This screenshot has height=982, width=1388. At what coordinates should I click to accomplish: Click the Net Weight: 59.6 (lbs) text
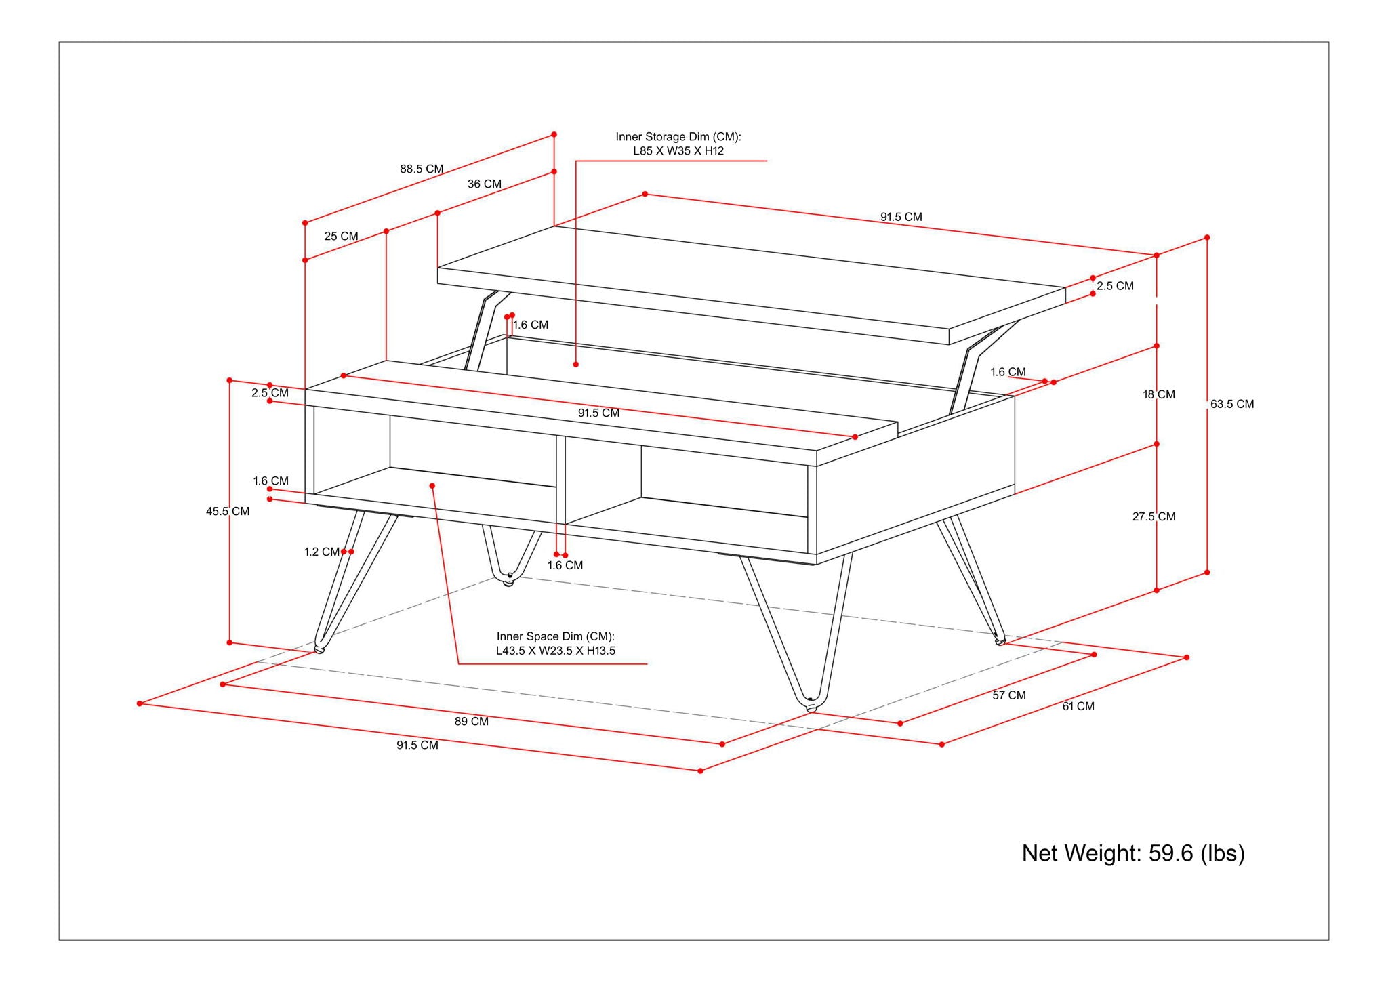pos(1132,853)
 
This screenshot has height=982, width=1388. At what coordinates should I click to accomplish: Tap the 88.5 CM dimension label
pos(421,169)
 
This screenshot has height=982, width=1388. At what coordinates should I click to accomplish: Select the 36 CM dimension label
pos(484,184)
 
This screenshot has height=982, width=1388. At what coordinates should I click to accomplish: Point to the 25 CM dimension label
pos(341,237)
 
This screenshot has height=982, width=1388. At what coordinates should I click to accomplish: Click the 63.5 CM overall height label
pos(1231,405)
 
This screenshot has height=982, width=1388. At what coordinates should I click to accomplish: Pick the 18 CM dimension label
pos(1158,394)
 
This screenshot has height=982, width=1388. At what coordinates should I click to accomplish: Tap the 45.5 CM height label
pos(228,512)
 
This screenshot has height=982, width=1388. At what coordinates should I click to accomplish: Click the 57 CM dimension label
pos(1008,695)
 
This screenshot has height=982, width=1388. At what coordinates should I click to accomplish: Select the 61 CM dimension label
pos(1078,706)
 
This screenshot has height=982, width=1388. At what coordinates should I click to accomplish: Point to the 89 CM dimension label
pos(471,722)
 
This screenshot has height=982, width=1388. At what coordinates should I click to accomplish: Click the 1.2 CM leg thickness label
pos(321,552)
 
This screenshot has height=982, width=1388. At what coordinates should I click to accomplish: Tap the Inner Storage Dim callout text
pos(678,144)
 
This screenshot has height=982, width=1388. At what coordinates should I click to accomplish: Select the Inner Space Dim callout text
pos(555,644)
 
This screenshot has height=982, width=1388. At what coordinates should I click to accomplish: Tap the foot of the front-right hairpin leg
pos(811,706)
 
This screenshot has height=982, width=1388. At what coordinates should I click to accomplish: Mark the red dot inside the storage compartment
pos(575,365)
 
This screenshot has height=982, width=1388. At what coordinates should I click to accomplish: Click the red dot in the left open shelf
pos(432,485)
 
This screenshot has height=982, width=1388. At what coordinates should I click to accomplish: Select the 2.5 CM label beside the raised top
pos(1115,286)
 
